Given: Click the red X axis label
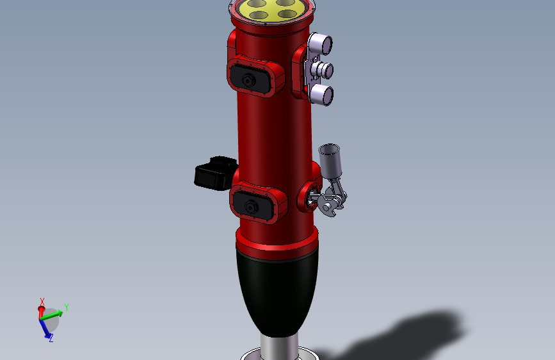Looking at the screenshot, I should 42,301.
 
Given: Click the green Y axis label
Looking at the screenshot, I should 66,307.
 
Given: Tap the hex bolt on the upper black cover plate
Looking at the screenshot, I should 248,79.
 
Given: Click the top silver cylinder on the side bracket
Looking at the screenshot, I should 321,45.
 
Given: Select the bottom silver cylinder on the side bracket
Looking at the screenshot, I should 321,95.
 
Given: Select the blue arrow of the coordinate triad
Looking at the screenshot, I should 45,327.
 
